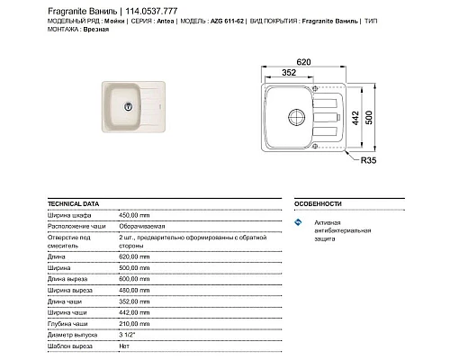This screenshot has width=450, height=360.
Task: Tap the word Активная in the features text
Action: (x=328, y=221)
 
